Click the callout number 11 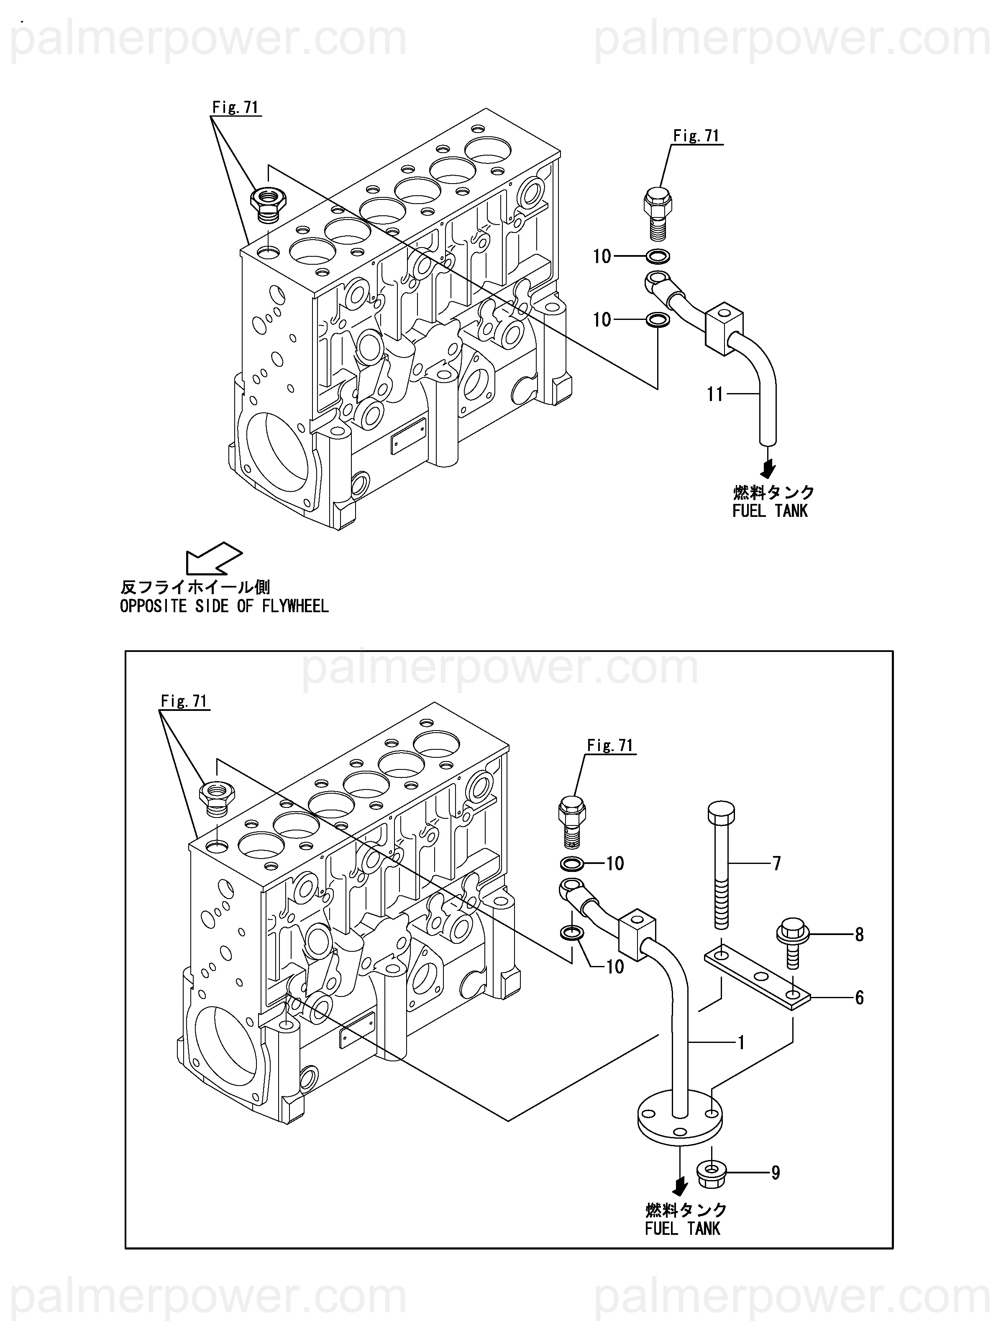tap(715, 394)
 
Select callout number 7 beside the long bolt tap(776, 863)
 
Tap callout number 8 tap(859, 935)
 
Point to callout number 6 tap(859, 997)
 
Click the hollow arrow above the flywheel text tap(213, 558)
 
